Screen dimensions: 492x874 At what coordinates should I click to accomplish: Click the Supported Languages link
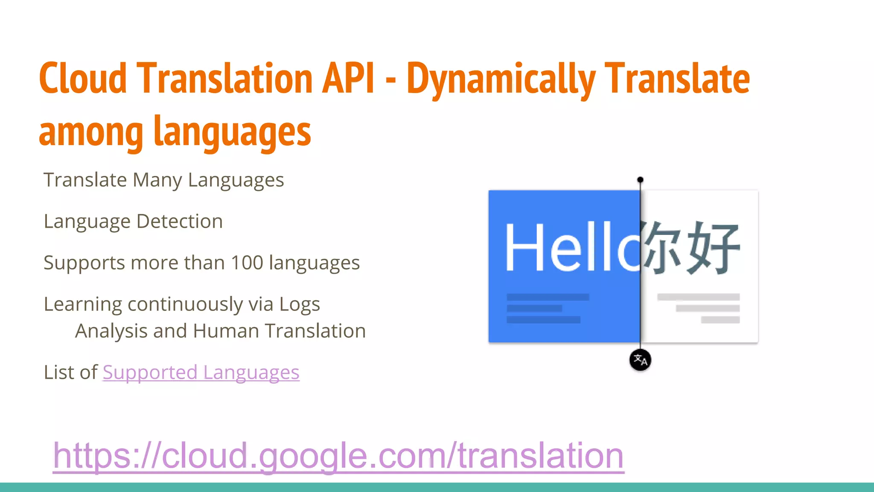[201, 372]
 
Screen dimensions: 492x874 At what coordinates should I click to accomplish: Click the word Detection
[180, 221]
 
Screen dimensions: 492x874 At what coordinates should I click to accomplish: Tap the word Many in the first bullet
[157, 180]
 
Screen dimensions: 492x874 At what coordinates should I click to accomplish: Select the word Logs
[299, 305]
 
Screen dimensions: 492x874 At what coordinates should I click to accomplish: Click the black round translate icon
[640, 360]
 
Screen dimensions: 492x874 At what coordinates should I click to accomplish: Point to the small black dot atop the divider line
[640, 180]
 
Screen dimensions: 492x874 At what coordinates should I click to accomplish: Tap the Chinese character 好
[713, 248]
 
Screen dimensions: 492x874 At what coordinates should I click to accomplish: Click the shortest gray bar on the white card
[720, 320]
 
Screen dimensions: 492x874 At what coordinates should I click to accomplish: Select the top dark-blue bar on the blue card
[548, 297]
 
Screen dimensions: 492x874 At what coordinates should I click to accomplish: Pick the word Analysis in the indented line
[111, 331]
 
